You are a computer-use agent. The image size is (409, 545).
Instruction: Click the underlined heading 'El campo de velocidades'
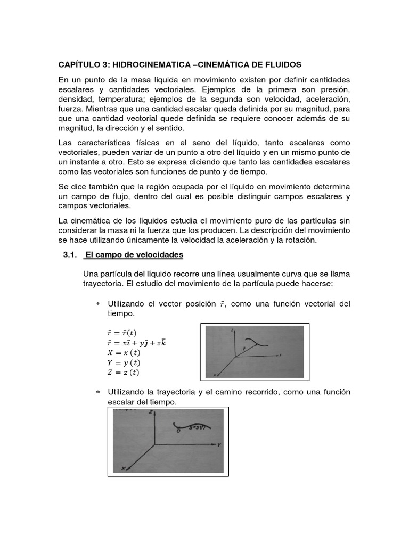click(134, 255)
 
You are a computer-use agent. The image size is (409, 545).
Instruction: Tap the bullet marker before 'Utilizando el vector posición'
click(98, 304)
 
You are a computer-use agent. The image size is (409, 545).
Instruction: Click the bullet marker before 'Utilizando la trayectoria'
click(98, 392)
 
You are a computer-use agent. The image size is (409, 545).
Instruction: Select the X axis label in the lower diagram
click(123, 468)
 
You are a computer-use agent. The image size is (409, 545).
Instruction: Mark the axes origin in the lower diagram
click(154, 444)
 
